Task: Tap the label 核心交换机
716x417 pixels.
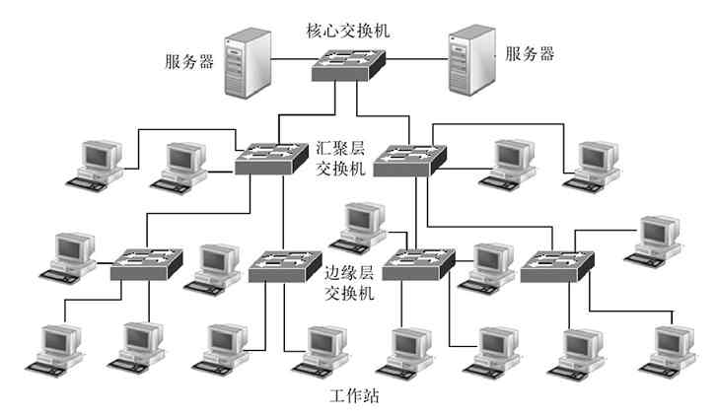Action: pyautogui.click(x=348, y=30)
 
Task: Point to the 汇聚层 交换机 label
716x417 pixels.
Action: pyautogui.click(x=341, y=158)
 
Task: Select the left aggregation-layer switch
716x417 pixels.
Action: pyautogui.click(x=272, y=158)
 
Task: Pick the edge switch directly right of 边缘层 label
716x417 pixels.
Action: pyautogui.click(x=420, y=264)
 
